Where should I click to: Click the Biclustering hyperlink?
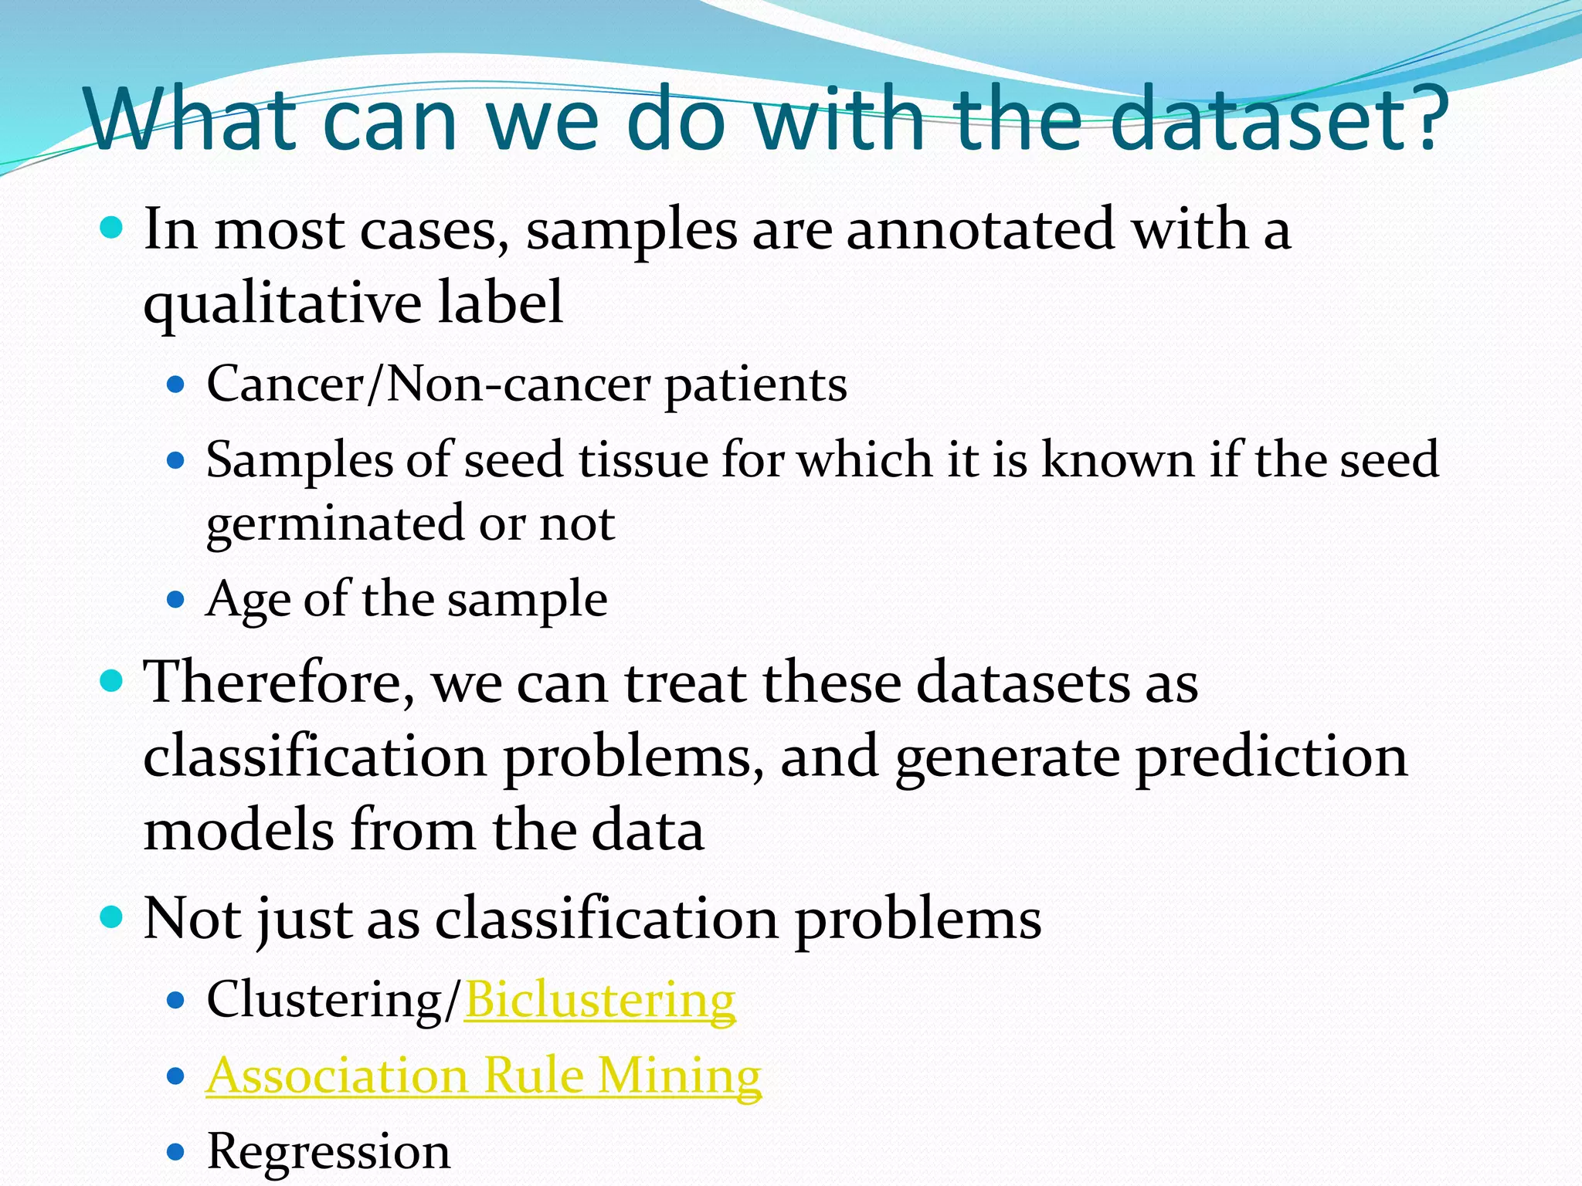[x=599, y=1001]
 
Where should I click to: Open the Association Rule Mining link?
[x=484, y=1076]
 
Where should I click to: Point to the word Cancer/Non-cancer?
[x=428, y=385]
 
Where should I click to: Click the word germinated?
[x=334, y=524]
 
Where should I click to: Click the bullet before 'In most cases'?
[x=112, y=229]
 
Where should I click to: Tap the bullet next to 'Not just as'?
[x=112, y=917]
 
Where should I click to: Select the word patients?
[x=755, y=385]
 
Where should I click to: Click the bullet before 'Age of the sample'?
[x=177, y=599]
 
